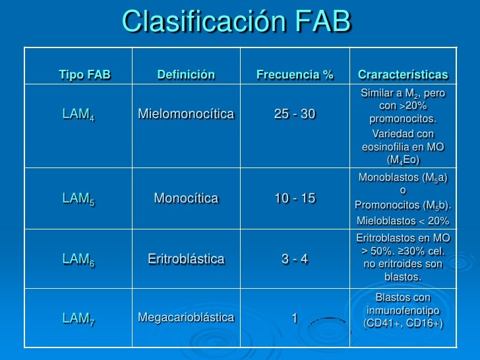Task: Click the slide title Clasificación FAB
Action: [237, 21]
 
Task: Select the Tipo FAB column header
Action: [85, 75]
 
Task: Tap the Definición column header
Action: [186, 75]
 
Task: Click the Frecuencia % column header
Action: [295, 75]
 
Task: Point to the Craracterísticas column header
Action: [402, 75]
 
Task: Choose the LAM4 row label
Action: [78, 114]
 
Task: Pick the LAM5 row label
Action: [78, 198]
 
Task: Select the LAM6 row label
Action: [78, 259]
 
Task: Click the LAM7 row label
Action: [78, 318]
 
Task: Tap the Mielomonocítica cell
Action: [186, 114]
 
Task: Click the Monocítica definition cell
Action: [186, 198]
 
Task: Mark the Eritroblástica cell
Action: [186, 258]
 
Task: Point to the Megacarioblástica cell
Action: [186, 318]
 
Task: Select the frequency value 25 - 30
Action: [295, 114]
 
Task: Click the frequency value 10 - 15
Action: [295, 198]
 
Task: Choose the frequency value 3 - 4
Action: [295, 258]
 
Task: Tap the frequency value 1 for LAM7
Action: [295, 318]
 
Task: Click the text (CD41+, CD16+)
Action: [403, 323]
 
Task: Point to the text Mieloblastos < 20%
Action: [403, 220]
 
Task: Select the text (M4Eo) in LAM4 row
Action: [403, 160]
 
